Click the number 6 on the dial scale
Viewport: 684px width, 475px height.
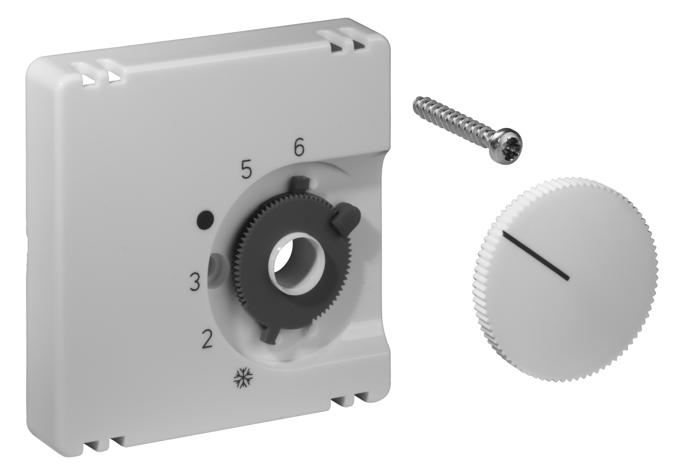click(299, 148)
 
